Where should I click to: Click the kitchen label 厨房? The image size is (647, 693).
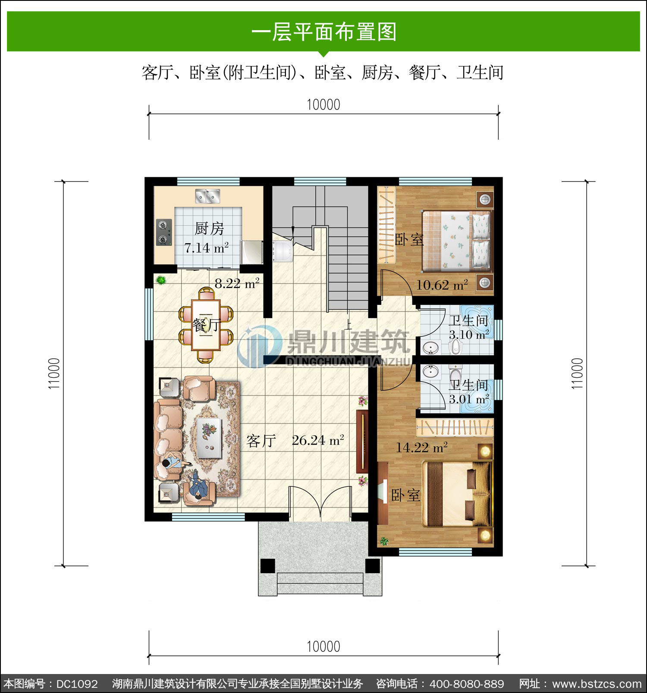[x=209, y=229]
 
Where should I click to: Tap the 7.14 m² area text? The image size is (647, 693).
[x=206, y=248]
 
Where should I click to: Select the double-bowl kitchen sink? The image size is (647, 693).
[x=207, y=196]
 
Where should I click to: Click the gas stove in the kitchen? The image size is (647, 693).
[x=164, y=232]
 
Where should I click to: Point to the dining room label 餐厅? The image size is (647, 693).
[x=207, y=325]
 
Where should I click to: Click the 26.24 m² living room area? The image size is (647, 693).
[x=318, y=440]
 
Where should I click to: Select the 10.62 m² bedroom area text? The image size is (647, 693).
[x=442, y=285]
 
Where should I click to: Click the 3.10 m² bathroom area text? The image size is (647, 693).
[x=469, y=335]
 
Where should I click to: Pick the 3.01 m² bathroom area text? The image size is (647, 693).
[x=469, y=399]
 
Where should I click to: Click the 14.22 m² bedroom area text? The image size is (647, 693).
[x=422, y=447]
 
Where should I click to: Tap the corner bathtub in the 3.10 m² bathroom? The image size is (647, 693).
[x=476, y=318]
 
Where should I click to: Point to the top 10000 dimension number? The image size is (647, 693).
[x=323, y=104]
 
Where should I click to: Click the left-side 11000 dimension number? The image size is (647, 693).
[x=54, y=373]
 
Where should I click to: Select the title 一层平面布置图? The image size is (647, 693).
[x=323, y=32]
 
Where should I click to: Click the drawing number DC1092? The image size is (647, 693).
[x=77, y=684]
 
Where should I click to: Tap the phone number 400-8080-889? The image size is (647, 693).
[x=467, y=684]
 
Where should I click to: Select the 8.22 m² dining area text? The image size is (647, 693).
[x=237, y=283]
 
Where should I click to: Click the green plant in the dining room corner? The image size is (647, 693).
[x=161, y=280]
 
